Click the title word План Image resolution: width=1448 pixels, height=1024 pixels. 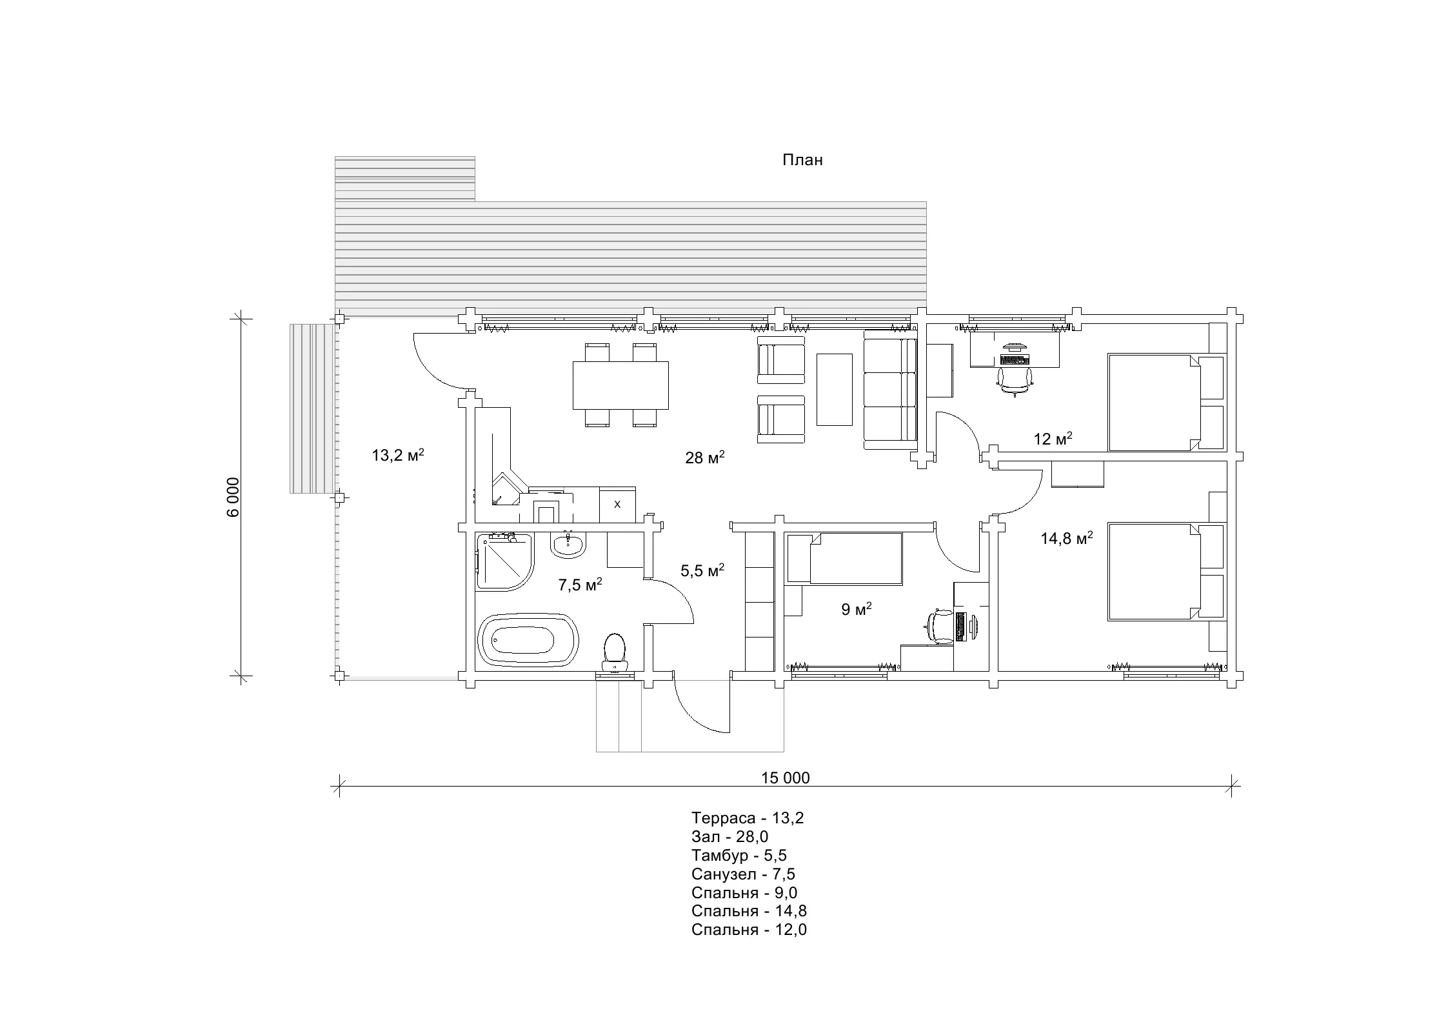coord(802,160)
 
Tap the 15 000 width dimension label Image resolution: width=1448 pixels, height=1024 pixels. coord(785,778)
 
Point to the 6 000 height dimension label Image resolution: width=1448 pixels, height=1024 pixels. coord(233,497)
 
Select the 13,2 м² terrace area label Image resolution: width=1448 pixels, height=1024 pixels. coord(397,455)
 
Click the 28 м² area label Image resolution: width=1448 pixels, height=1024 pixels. coord(705,457)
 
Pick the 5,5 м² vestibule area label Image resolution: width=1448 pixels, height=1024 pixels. coord(702,570)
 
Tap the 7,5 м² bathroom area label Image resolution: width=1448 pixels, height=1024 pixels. coord(580,585)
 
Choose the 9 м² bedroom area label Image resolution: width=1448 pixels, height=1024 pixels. coord(857,609)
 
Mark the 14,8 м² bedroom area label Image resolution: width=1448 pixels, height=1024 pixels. coord(1067,537)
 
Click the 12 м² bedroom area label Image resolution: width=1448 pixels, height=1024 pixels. coord(1053,439)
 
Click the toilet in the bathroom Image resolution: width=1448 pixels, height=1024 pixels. coord(615,653)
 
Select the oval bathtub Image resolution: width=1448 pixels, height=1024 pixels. coord(528,640)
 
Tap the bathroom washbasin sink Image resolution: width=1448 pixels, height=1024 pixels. coord(568,544)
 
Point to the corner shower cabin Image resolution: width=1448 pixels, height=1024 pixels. coord(505,561)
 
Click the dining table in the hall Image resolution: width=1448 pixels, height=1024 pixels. coord(620,385)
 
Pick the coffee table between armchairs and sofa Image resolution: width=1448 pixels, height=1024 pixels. coord(835,389)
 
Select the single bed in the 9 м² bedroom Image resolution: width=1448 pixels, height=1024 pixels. coord(844,559)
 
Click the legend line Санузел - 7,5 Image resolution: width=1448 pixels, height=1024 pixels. coord(743,874)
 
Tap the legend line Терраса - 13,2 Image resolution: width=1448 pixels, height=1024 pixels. coord(748,818)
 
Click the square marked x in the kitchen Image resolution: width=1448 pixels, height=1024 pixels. coord(617,505)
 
